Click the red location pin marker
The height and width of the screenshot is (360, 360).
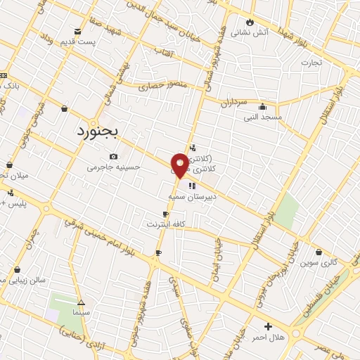click(180, 165)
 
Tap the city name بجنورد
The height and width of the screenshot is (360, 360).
click(100, 131)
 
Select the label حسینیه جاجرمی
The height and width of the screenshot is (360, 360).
click(114, 167)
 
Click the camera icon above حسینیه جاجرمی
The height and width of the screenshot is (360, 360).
click(113, 156)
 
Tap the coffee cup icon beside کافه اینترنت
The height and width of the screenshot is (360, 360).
click(165, 214)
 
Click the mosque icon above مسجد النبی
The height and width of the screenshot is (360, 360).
click(262, 107)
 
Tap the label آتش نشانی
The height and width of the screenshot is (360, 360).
click(251, 32)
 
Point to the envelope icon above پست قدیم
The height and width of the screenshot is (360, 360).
click(78, 31)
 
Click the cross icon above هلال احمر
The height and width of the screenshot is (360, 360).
click(268, 326)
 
